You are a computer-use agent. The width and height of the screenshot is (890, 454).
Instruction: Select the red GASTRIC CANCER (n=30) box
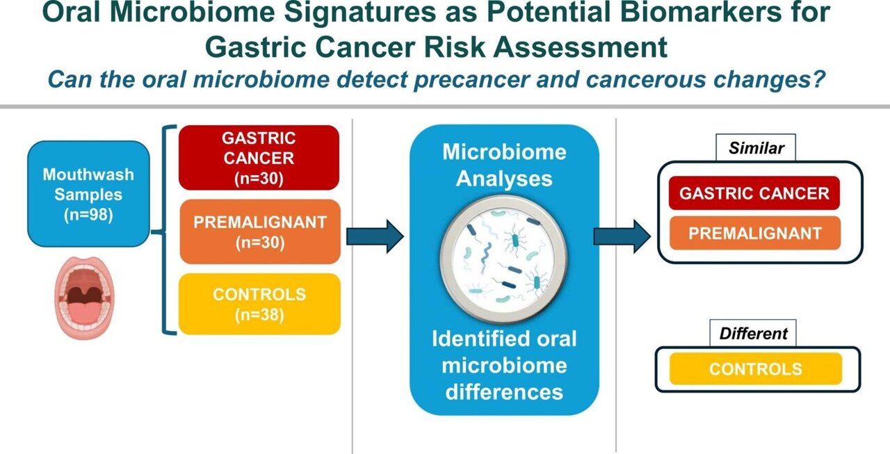coord(259,158)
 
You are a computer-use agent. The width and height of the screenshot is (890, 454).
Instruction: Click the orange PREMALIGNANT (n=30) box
coord(259,232)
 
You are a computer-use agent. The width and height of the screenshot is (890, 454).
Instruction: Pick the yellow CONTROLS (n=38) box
coord(259,304)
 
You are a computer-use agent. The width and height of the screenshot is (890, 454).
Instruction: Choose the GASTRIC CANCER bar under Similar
coord(754,193)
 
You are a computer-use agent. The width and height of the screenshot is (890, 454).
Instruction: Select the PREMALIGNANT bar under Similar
coord(754,233)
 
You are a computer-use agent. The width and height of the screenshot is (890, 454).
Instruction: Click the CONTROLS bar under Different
coord(755,368)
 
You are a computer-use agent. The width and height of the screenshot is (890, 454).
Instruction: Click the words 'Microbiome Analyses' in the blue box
coord(504,165)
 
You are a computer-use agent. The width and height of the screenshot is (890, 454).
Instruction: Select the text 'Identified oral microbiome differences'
coord(504,364)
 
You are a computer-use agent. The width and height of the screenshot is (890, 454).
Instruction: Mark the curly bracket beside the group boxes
coord(169,229)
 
